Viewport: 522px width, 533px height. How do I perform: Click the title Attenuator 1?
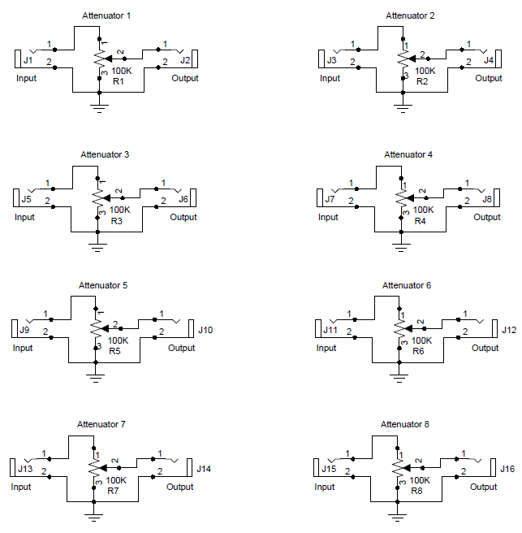pos(106,16)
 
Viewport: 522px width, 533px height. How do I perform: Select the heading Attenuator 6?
pos(407,286)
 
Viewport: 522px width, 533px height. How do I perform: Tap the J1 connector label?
pos(28,60)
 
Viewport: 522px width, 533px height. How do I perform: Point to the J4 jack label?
pos(489,60)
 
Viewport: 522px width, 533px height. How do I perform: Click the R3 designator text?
pos(116,222)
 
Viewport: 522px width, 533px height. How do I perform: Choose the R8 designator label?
pos(417,491)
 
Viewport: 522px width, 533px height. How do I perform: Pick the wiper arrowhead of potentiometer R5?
pos(108,327)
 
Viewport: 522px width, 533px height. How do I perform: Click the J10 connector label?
pos(205,330)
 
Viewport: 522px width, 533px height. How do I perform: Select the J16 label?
pos(507,469)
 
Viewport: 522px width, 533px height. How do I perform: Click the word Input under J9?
pos(23,348)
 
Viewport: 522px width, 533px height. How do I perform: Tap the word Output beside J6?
pos(183,218)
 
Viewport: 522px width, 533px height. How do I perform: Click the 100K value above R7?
pos(117,480)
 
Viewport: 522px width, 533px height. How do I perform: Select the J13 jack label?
pos(26,469)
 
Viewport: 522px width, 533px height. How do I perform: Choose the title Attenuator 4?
pos(408,154)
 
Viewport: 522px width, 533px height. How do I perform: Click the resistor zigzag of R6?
pos(399,327)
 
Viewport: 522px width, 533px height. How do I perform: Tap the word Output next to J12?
pos(485,348)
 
